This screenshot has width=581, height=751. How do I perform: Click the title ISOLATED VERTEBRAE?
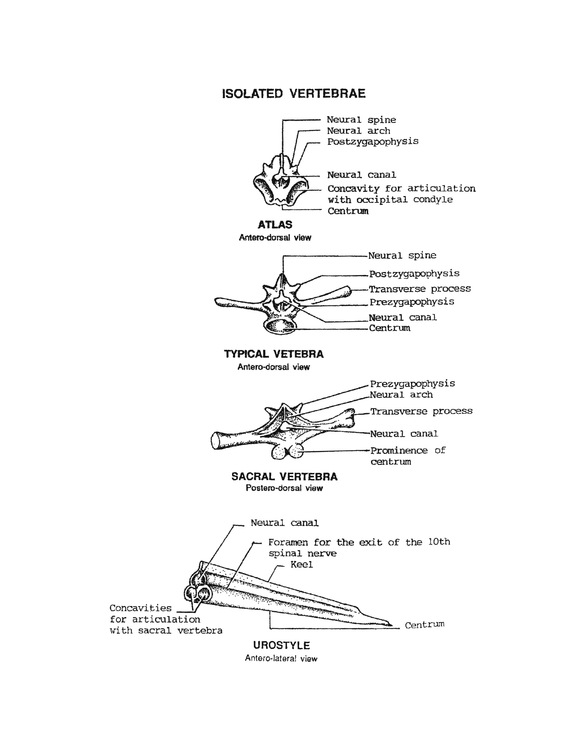click(x=293, y=94)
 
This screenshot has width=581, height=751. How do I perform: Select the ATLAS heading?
click(x=275, y=225)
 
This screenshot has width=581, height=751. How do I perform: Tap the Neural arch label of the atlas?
click(x=358, y=131)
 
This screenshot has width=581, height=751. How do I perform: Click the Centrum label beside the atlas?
click(x=348, y=211)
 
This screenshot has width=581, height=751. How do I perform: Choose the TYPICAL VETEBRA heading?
click(x=273, y=354)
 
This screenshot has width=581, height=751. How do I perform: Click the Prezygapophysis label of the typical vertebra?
click(x=411, y=302)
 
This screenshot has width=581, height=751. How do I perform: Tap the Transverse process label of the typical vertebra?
click(x=420, y=288)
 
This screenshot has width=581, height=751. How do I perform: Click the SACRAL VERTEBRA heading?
click(x=284, y=476)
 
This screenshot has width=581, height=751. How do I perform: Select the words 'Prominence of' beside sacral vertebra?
click(x=408, y=450)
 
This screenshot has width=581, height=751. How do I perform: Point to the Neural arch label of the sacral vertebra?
click(x=401, y=395)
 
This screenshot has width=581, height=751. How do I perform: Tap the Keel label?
click(x=301, y=564)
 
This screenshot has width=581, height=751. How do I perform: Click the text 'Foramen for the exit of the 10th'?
click(x=359, y=542)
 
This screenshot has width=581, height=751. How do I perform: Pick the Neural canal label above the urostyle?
click(x=284, y=523)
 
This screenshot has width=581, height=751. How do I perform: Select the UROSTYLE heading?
click(x=281, y=645)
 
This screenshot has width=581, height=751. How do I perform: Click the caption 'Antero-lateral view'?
click(x=281, y=659)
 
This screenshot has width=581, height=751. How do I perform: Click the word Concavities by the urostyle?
click(x=140, y=608)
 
